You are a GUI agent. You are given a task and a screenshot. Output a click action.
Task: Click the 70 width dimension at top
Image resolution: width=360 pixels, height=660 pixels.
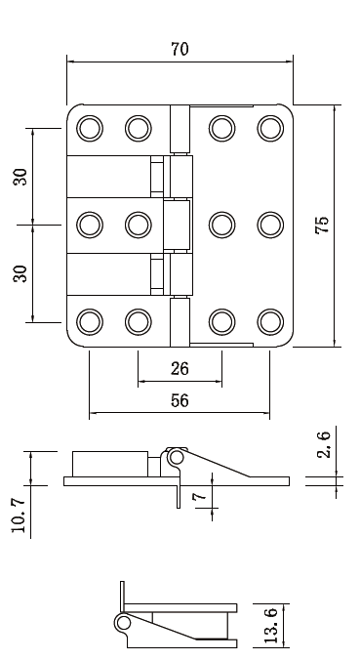click(180, 48)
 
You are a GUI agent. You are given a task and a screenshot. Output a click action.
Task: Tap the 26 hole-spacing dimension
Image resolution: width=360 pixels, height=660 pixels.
click(180, 368)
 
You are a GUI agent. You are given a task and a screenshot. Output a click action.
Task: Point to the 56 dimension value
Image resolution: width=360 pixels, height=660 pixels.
click(180, 400)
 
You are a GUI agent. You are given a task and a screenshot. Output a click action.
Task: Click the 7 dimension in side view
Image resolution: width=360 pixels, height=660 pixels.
click(199, 497)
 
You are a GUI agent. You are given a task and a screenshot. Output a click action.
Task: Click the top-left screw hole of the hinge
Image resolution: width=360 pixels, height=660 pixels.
click(89, 128)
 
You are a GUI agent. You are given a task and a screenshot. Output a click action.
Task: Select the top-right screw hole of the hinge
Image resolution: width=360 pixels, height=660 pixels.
click(269, 128)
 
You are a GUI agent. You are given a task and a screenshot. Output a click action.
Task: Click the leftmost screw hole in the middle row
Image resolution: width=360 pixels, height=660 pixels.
click(89, 225)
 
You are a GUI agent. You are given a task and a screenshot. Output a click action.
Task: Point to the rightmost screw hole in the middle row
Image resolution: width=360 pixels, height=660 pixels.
click(269, 225)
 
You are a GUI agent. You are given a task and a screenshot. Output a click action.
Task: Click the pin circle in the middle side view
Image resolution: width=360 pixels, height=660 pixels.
click(176, 457)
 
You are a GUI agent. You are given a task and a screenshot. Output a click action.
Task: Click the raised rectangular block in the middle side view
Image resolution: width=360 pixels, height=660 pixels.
click(109, 464)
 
